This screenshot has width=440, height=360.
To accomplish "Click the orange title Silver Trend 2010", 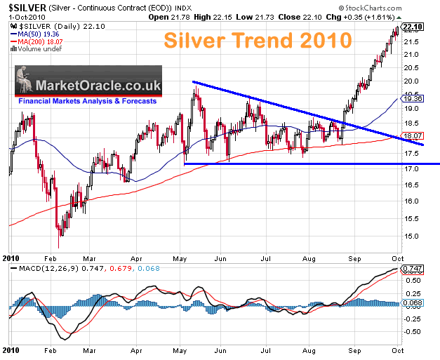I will [259, 39].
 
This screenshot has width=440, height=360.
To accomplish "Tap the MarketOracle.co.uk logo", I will [88, 86].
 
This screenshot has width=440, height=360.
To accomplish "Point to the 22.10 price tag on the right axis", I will [413, 27].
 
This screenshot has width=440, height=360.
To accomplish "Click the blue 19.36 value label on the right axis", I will [413, 99].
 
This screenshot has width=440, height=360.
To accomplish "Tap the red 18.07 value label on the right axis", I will [413, 135].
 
